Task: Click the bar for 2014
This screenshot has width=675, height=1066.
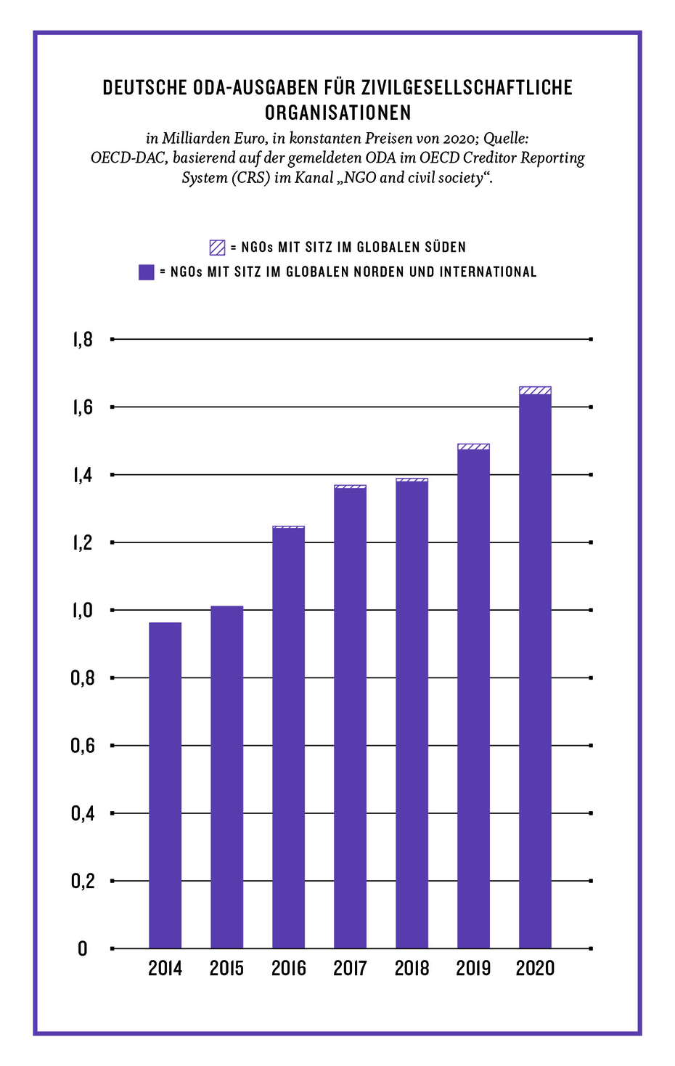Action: click(165, 784)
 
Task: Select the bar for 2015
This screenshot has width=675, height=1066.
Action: click(226, 777)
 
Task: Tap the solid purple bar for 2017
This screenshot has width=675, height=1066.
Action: click(350, 719)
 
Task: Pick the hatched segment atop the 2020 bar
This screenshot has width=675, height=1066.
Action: click(535, 391)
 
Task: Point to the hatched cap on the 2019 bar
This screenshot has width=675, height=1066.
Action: click(473, 447)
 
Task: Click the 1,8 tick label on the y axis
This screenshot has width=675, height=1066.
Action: click(83, 340)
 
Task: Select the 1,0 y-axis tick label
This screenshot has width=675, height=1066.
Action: click(83, 610)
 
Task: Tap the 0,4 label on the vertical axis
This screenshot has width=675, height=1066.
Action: click(83, 813)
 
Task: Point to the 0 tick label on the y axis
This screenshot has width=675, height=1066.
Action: click(83, 949)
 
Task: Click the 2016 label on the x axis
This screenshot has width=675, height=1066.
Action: click(288, 969)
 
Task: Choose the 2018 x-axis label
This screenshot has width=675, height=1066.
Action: click(412, 969)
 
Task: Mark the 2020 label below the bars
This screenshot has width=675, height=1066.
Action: click(535, 969)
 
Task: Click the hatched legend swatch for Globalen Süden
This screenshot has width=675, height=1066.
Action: click(217, 248)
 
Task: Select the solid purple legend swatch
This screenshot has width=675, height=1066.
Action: click(147, 272)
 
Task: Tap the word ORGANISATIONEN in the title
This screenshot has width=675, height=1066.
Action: click(337, 113)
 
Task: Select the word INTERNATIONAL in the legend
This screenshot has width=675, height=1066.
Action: click(488, 272)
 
